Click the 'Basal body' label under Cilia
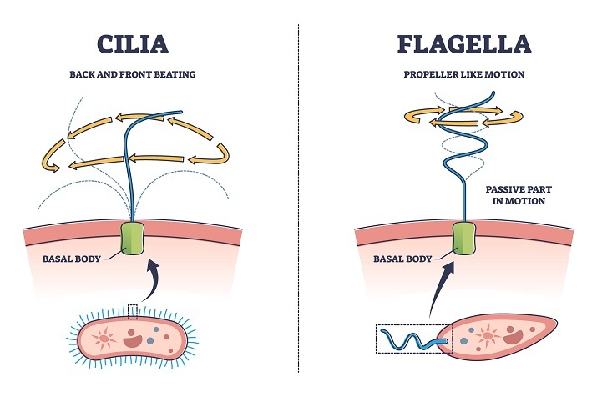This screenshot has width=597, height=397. pyautogui.click(x=72, y=259)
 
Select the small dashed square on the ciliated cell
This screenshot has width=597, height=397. pyautogui.click(x=134, y=310)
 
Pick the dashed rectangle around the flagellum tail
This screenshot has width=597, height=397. pyautogui.click(x=413, y=339)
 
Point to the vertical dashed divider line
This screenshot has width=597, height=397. pyautogui.click(x=298, y=200)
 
